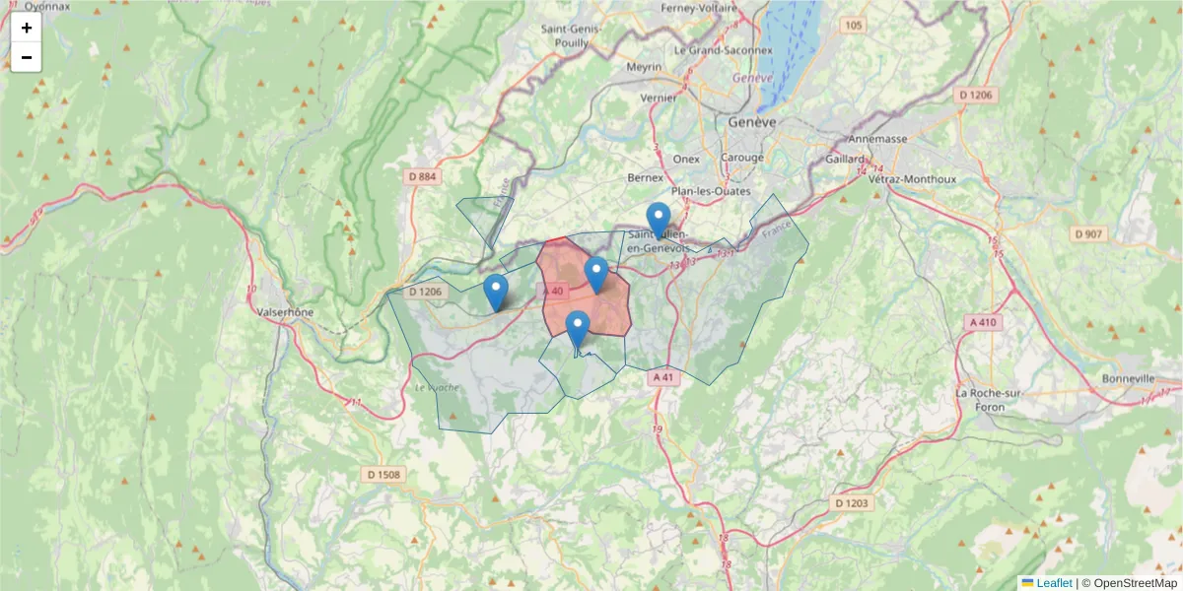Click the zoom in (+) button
27,28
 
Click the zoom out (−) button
27,57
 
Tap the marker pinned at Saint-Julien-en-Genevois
658,220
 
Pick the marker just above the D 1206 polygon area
496,293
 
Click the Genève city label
752,122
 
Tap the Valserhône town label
285,311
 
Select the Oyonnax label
48,6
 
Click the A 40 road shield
552,291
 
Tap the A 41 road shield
662,376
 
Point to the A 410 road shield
982,322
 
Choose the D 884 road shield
421,177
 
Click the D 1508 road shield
383,475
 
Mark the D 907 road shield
1088,233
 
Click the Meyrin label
645,68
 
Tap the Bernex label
645,177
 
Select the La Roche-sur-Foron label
978,399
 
